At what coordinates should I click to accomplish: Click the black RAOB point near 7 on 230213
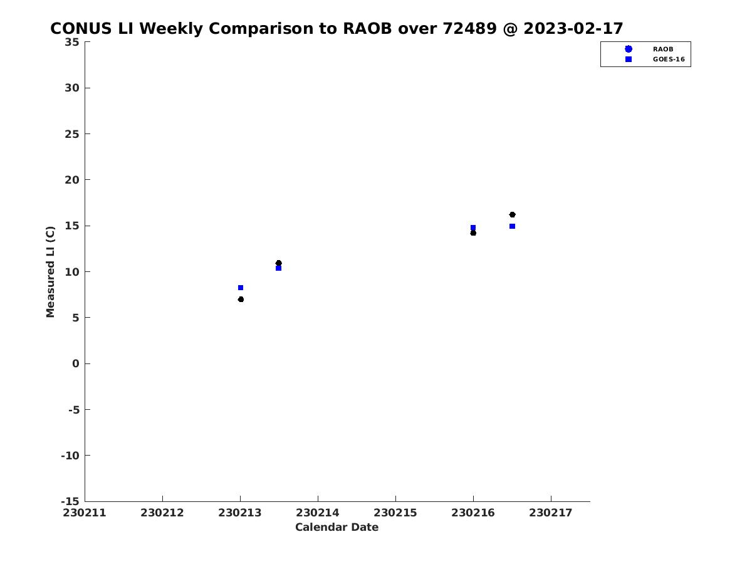(241, 300)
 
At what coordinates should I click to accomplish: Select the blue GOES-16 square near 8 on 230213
(241, 288)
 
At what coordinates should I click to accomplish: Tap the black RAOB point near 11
(278, 263)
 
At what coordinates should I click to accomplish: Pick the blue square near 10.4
(278, 268)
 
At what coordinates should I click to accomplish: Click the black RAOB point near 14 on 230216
(473, 233)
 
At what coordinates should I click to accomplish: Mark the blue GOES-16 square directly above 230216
(473, 227)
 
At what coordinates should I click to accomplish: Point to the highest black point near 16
(512, 215)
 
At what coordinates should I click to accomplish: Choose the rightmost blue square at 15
(512, 226)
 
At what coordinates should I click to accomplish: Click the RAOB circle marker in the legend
(629, 49)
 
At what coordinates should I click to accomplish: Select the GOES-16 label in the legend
(669, 60)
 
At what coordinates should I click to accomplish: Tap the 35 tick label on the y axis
(72, 42)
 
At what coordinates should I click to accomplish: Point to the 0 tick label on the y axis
(76, 363)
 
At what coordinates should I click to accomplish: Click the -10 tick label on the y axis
(70, 456)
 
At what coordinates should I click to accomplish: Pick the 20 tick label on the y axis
(72, 180)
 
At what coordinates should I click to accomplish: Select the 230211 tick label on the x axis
(85, 513)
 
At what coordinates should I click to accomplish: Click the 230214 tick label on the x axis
(318, 513)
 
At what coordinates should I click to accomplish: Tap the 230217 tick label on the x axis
(551, 513)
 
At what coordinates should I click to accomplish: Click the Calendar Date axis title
(337, 527)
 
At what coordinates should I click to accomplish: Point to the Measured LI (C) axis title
(50, 272)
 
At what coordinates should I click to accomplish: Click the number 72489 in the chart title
(470, 28)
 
